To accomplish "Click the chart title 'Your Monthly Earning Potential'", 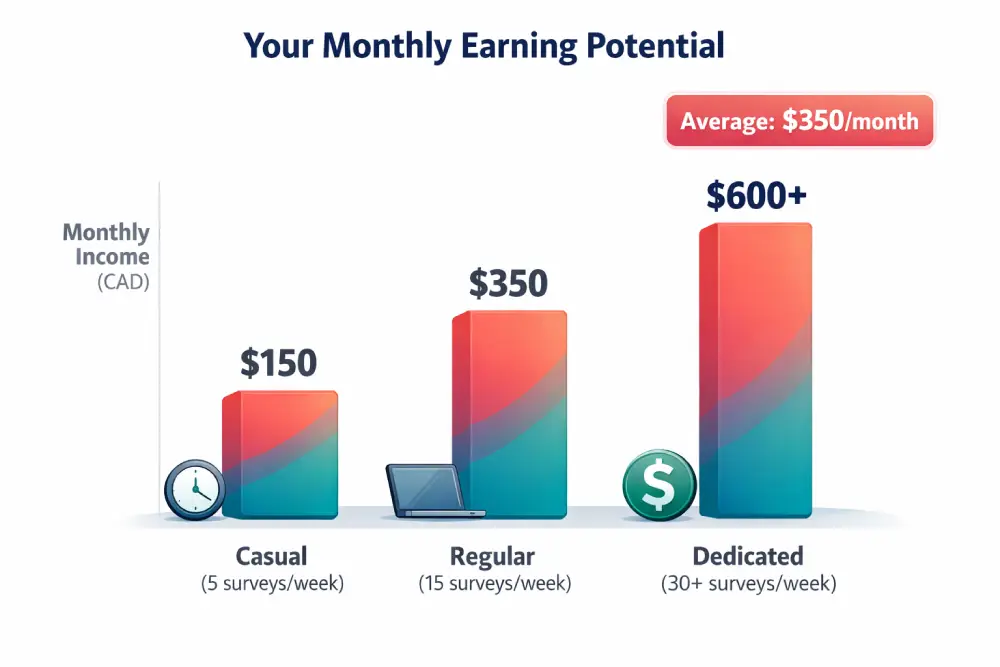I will pyautogui.click(x=484, y=46).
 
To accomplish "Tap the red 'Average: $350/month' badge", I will pyautogui.click(x=799, y=122).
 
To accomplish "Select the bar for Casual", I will pyautogui.click(x=281, y=455).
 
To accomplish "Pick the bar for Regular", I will pyautogui.click(x=510, y=415).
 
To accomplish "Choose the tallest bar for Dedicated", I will pyautogui.click(x=756, y=370).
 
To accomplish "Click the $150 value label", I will pyautogui.click(x=278, y=363).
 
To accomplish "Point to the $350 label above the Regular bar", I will pyautogui.click(x=508, y=284).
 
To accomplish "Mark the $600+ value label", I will pyautogui.click(x=755, y=196).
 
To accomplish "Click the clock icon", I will pyautogui.click(x=194, y=489).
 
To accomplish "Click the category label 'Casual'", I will pyautogui.click(x=271, y=556).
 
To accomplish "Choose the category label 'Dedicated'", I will pyautogui.click(x=748, y=556).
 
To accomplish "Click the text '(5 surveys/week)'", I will pyautogui.click(x=272, y=584).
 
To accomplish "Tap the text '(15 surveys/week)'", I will pyautogui.click(x=494, y=584).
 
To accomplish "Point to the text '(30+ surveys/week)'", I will pyautogui.click(x=749, y=584).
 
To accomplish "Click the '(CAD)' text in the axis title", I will pyautogui.click(x=123, y=282).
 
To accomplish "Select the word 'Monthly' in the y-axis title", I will pyautogui.click(x=106, y=233).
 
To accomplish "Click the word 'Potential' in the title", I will pyautogui.click(x=652, y=46).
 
